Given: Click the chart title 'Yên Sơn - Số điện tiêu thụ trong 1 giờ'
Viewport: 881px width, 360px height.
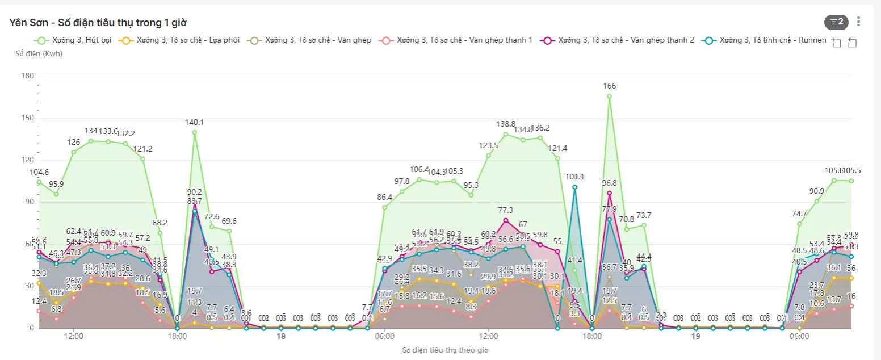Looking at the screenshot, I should pos(98,23).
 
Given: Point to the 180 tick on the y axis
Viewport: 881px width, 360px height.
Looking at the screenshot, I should pos(28,76).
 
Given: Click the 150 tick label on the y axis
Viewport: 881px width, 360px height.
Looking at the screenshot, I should pos(28,118).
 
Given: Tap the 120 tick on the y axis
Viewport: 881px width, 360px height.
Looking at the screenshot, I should pos(28,160).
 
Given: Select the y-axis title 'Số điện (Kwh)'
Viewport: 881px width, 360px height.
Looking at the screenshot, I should pos(39,54).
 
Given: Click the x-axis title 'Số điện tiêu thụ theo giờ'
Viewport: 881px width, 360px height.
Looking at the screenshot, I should pos(445,350).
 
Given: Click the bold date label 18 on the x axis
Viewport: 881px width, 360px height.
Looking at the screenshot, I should pos(280,337).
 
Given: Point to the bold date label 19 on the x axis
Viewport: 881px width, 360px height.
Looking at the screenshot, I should pos(695,337).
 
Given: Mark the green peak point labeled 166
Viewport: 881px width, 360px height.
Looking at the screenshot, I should pos(609,96).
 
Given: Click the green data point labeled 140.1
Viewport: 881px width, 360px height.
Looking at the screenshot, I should pos(194,132).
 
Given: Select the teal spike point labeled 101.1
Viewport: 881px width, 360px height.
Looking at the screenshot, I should pos(574,187).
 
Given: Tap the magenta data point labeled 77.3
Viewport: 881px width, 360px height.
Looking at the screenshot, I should pos(506,220).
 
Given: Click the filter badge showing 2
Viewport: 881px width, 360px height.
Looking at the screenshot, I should pos(836,22).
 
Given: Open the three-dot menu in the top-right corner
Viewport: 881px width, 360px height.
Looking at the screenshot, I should pos(858,22).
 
